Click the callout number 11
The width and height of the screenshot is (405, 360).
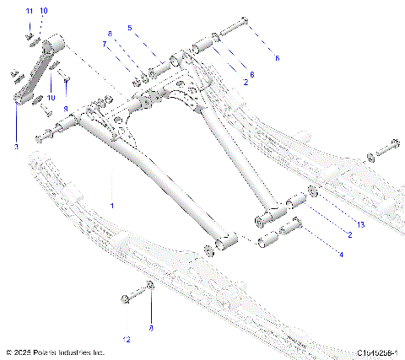(28, 10)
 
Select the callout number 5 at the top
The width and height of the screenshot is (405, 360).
(130, 28)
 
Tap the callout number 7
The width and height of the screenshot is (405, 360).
(105, 43)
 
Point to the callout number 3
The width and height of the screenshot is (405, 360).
(15, 147)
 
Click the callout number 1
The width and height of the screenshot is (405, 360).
(112, 205)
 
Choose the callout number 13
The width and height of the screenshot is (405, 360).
(359, 225)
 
